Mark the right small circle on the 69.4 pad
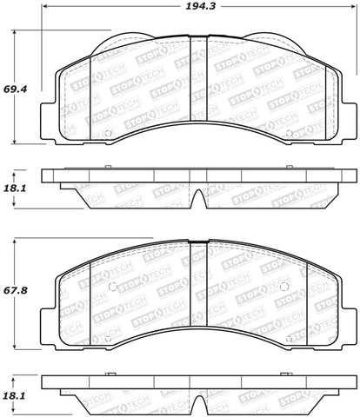point(289,134)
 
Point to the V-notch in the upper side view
point(198,198)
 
